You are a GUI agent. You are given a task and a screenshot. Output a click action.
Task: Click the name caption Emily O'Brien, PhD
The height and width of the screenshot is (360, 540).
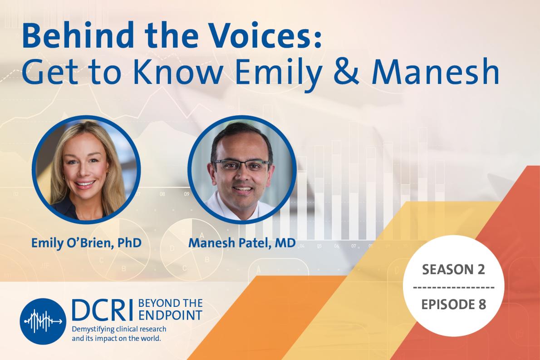point(86,243)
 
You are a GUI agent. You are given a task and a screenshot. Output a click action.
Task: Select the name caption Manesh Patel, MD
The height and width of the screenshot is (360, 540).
point(242,243)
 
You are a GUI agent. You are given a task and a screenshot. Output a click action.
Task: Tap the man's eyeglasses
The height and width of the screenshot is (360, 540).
point(241,163)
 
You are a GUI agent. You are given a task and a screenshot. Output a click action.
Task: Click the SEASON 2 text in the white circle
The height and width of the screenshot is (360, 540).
point(454,270)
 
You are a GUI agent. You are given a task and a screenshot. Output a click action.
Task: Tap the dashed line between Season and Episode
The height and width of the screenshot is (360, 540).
point(454,287)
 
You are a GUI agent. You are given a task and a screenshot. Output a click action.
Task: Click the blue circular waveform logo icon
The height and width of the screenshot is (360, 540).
point(43,321)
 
